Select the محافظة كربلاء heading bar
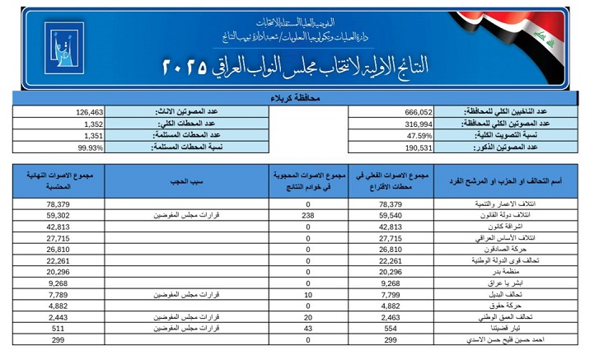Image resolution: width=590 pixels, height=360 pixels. click(x=294, y=98)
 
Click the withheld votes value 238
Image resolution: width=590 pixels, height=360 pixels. click(x=308, y=213)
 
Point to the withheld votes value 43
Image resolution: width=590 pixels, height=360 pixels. click(x=308, y=328)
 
